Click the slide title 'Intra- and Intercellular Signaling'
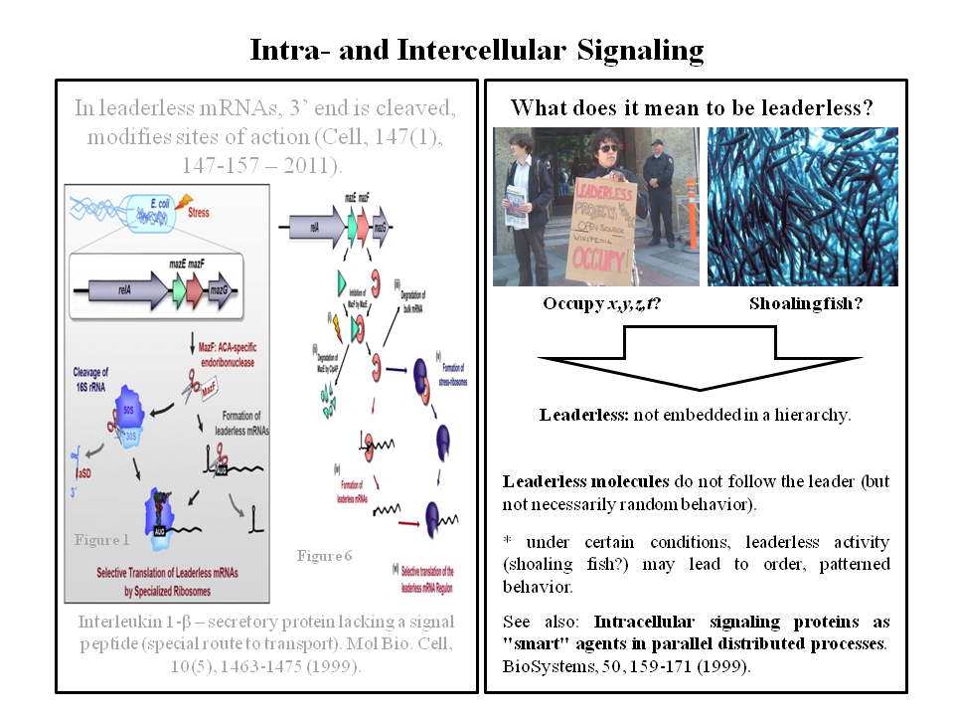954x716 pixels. [x=476, y=50]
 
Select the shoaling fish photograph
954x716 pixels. [x=802, y=207]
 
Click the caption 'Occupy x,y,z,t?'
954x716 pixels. [x=602, y=303]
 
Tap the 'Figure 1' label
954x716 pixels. [x=102, y=540]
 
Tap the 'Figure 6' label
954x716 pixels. [x=324, y=555]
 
